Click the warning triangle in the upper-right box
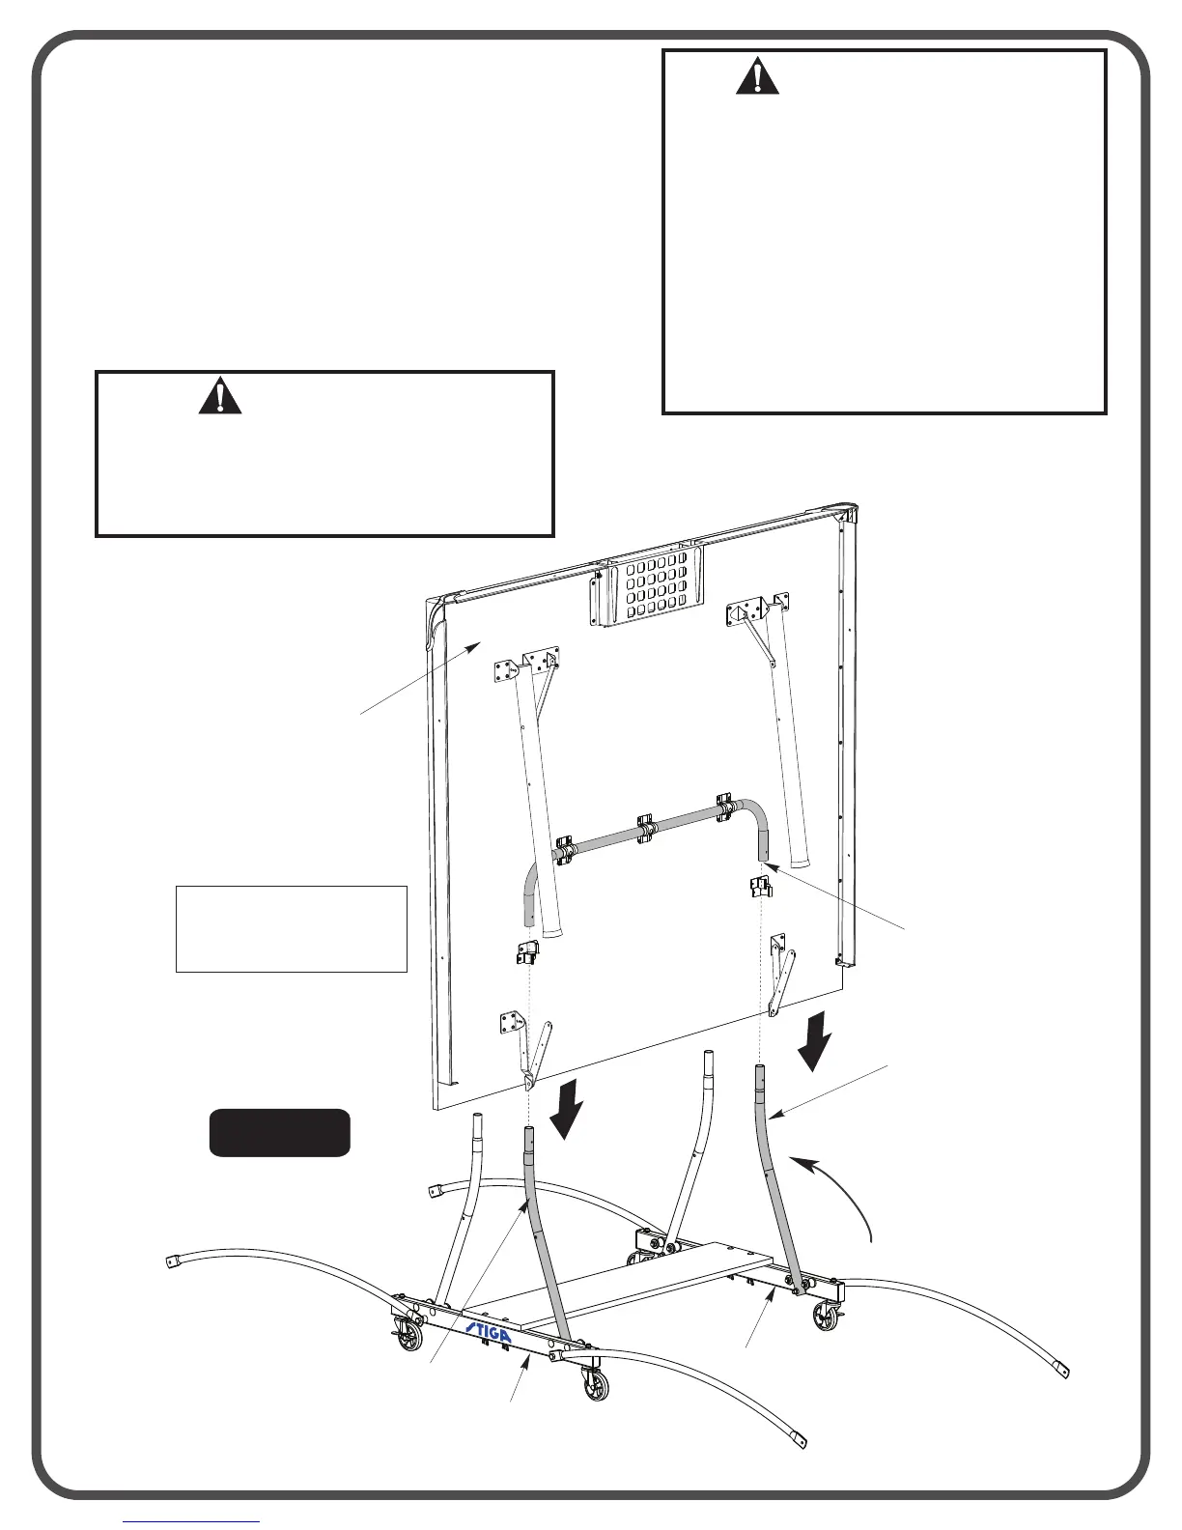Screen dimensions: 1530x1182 coord(757,77)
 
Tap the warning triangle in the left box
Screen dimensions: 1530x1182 coord(220,396)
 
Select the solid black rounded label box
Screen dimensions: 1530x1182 coord(280,1132)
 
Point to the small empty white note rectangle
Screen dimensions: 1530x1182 coord(291,928)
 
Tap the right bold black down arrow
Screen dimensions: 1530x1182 coord(817,1039)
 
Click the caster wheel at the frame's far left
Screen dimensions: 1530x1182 coord(411,1337)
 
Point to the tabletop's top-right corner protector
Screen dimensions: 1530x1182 coord(846,512)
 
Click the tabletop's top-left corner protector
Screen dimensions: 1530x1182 coord(436,610)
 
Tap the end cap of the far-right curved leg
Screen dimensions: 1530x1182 coord(1060,1369)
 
